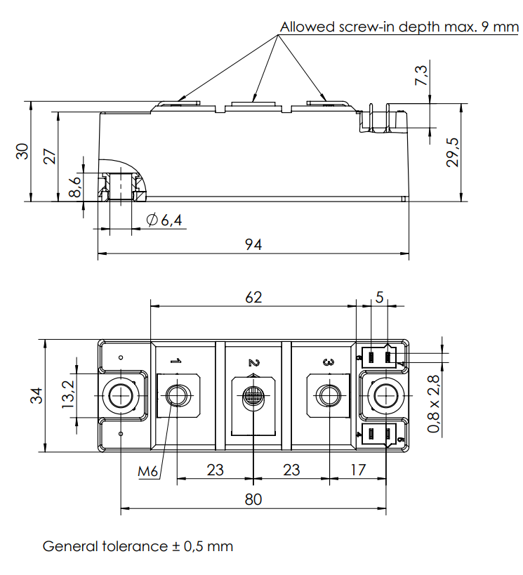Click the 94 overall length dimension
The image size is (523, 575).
coord(253,244)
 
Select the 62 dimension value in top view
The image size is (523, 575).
coord(253,297)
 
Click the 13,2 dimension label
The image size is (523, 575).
coord(69,396)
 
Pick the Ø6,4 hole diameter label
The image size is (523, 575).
coord(164,220)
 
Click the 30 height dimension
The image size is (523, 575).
coord(23,151)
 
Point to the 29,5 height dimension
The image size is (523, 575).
coord(453,152)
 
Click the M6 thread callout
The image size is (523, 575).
coord(148,471)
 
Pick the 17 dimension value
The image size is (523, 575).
coord(358,470)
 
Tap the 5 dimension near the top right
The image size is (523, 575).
coord(380,297)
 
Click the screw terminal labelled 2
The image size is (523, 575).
coord(253,397)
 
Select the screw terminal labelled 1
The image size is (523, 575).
coord(176,397)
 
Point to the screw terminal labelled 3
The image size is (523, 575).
coord(327,397)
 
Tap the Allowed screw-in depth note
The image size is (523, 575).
coord(399,27)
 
